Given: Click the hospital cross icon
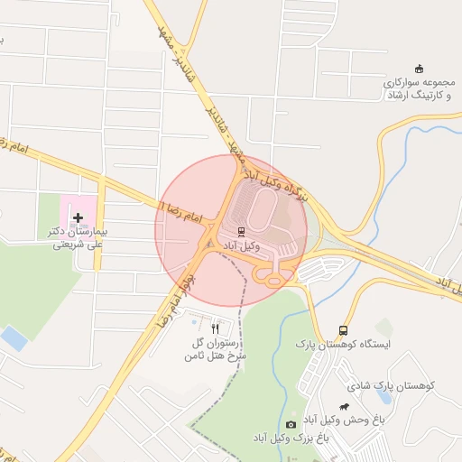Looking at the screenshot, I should click(78, 217).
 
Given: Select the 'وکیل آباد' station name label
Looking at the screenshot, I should click(241, 245).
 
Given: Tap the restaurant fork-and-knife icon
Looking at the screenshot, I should click(215, 328).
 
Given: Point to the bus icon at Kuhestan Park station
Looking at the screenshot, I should click(342, 330).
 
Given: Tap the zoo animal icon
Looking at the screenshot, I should click(344, 407).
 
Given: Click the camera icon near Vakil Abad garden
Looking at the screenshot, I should click(291, 424).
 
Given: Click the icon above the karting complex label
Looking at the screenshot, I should click(418, 69).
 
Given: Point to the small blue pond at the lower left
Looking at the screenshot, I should click(14, 339).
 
